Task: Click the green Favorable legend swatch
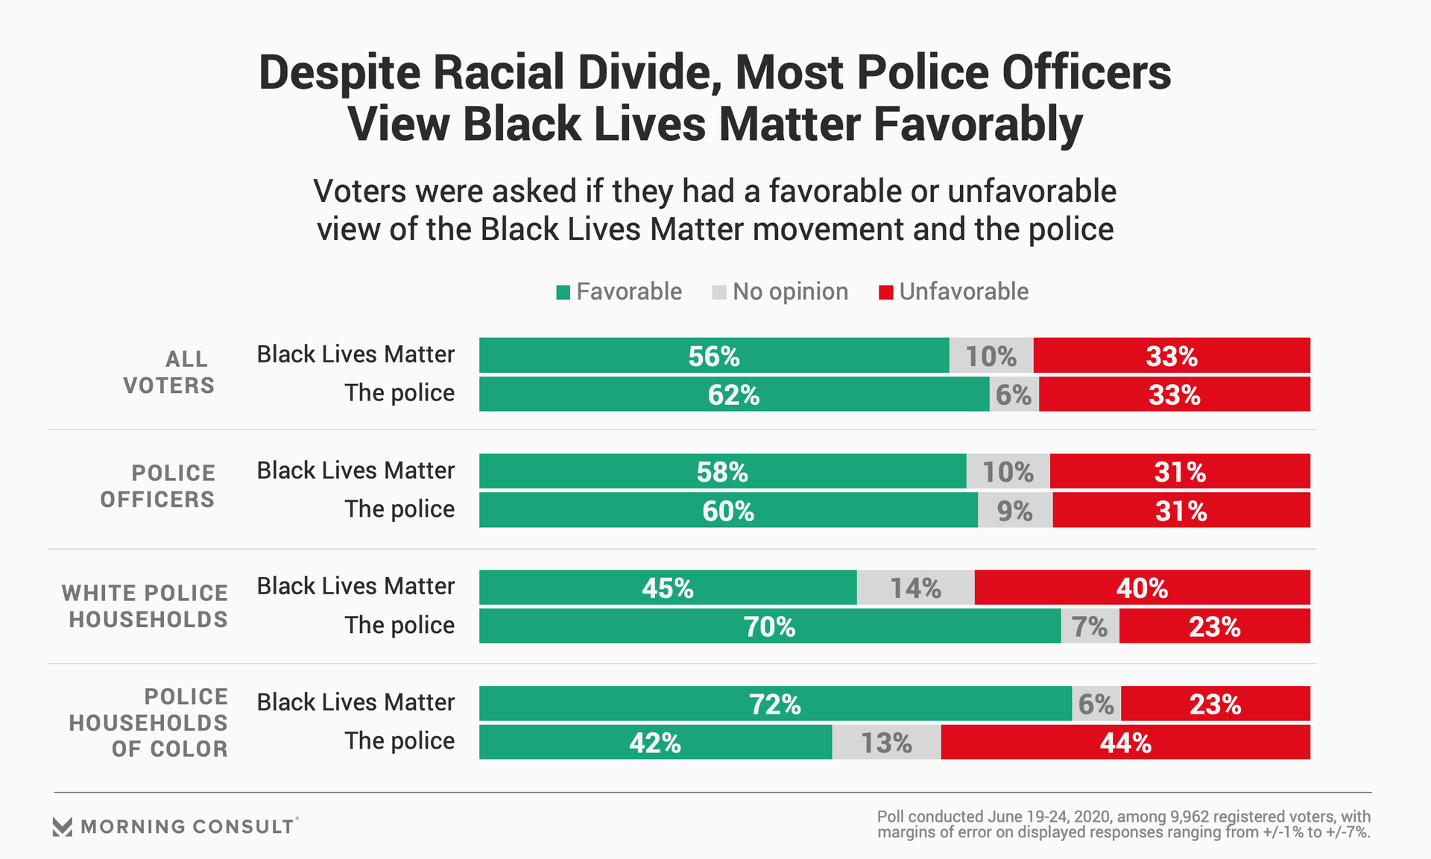click(x=563, y=292)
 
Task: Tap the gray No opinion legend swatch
click(x=719, y=292)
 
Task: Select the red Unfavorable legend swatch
click(x=885, y=292)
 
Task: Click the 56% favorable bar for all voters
click(x=714, y=356)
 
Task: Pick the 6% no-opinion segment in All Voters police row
click(x=1014, y=394)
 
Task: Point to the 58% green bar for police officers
click(x=722, y=471)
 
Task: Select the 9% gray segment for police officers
click(x=1014, y=511)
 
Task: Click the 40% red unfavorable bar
click(x=1142, y=588)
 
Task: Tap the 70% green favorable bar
click(x=769, y=626)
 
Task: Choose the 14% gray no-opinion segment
click(x=915, y=588)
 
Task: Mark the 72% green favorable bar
click(x=775, y=704)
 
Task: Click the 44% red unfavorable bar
click(x=1125, y=743)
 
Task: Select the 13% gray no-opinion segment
click(x=886, y=743)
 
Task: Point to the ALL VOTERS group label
click(x=169, y=372)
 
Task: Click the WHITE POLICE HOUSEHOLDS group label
click(x=145, y=606)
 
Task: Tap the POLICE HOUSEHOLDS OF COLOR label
click(x=148, y=723)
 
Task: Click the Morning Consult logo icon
click(x=63, y=826)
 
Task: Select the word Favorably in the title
click(x=978, y=124)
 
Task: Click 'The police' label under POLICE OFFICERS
click(x=399, y=509)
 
